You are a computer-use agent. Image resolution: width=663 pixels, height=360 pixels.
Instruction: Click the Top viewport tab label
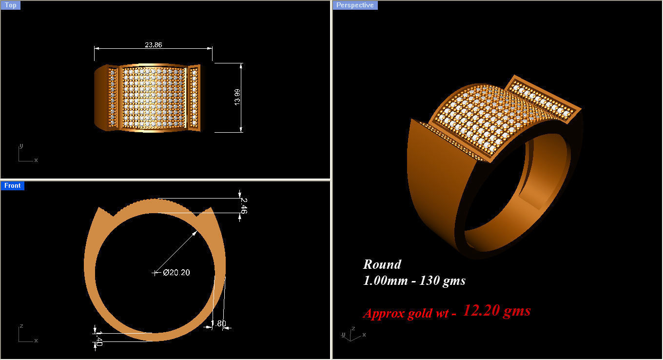(10, 5)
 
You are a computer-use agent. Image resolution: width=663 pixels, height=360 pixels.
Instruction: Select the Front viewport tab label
(12, 186)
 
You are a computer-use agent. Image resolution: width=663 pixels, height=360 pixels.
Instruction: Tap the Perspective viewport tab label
(355, 5)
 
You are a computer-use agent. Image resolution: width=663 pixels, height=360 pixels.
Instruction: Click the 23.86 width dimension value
(153, 44)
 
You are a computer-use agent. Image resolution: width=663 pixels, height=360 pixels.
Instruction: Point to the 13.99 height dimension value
(237, 97)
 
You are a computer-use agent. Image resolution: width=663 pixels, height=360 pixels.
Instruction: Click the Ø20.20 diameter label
(176, 273)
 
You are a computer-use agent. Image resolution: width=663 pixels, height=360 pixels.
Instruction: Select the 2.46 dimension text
(244, 205)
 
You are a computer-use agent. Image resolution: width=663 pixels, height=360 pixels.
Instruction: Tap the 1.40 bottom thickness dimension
(98, 338)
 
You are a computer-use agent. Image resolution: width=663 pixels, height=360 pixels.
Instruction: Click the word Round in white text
(382, 264)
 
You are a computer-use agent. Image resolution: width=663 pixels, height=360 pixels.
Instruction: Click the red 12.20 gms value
(496, 311)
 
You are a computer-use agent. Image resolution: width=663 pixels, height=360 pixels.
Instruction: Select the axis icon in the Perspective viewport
(352, 335)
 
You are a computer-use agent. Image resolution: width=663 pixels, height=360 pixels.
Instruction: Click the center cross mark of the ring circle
(155, 273)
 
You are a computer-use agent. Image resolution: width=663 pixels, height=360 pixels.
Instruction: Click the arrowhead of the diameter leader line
(195, 233)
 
